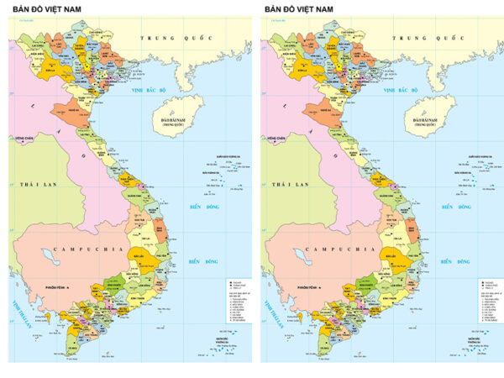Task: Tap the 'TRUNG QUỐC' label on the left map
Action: [172, 39]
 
